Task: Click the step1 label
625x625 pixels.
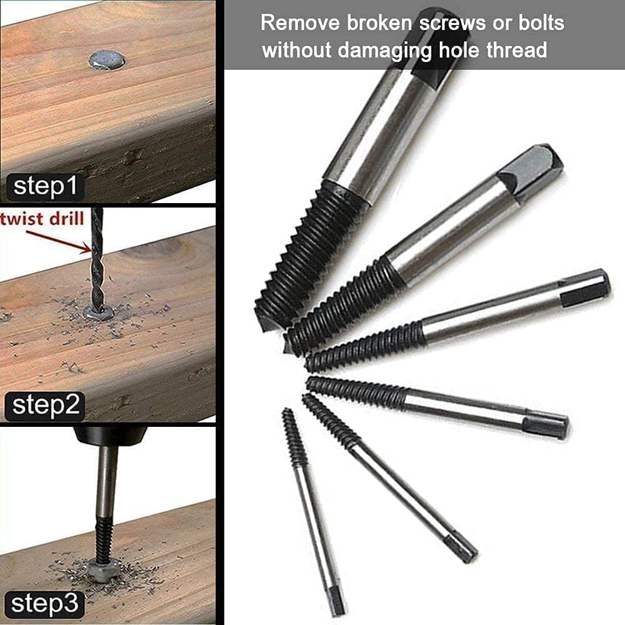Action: [44, 187]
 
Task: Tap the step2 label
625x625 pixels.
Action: [44, 406]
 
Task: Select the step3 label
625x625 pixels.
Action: [44, 604]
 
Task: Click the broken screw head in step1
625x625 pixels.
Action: [106, 60]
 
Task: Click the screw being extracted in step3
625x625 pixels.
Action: [101, 569]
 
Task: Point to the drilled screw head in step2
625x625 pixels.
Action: [98, 312]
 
